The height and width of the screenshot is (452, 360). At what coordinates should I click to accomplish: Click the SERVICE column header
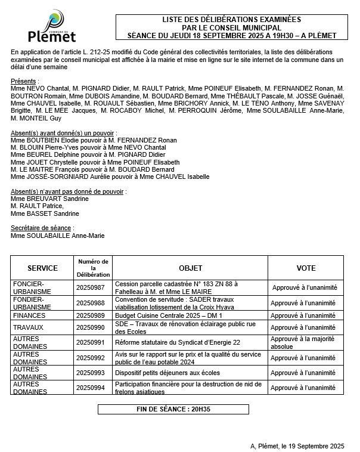42,268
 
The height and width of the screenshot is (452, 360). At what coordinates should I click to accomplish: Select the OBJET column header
190,268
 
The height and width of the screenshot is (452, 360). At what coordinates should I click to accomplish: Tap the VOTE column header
305,268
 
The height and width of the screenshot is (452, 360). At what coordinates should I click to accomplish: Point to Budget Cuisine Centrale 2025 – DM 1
168,315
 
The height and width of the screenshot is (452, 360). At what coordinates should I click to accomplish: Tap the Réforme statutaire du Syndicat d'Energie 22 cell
178,342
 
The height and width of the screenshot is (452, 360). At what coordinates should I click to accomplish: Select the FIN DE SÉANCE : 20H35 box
173,410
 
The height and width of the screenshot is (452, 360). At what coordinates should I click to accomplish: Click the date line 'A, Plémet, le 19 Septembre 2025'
297,445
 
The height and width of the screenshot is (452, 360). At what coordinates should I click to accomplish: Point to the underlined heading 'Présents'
24,81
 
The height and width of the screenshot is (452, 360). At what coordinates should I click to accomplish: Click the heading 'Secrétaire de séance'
42,228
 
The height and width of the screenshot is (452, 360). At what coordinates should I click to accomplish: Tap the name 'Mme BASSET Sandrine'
45,213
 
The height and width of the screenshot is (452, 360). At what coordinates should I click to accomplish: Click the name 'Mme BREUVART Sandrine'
49,199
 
